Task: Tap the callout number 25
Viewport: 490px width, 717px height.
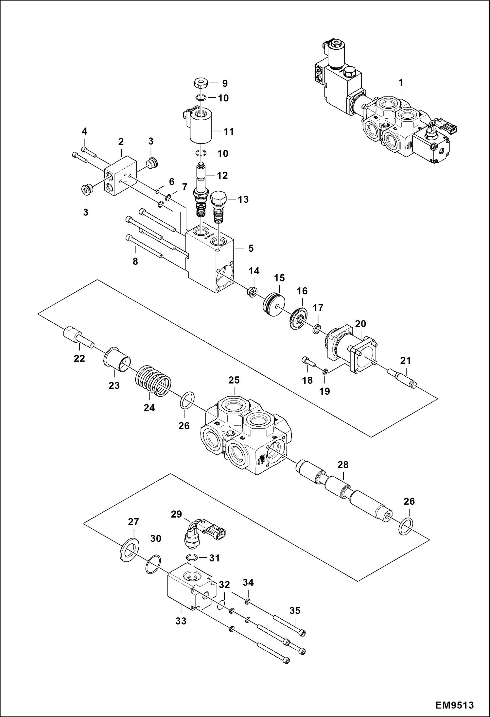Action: [x=234, y=380]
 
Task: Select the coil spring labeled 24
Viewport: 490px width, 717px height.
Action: [x=153, y=382]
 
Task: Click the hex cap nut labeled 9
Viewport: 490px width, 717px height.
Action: [x=200, y=83]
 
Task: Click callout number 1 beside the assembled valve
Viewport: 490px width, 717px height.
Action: [x=401, y=83]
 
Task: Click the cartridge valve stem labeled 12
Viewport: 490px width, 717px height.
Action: [x=201, y=190]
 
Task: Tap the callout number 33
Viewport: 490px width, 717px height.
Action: [x=181, y=621]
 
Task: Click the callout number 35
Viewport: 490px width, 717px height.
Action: [x=295, y=610]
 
